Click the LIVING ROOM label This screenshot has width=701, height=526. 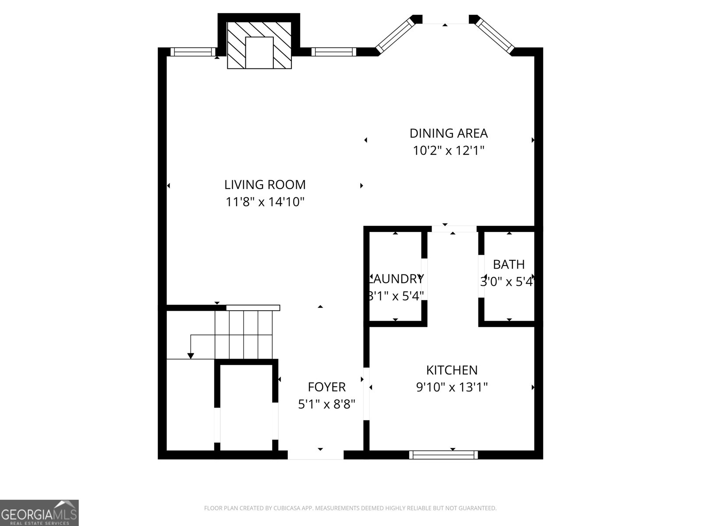(265, 185)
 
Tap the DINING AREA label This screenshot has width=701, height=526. (448, 133)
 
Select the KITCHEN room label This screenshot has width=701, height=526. (452, 370)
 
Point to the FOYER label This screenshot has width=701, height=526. (326, 387)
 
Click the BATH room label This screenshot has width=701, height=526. (509, 264)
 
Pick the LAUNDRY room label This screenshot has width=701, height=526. (396, 279)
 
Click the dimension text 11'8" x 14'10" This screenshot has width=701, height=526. (265, 202)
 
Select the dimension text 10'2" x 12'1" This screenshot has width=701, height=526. (448, 151)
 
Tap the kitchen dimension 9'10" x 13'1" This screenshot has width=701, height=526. (452, 387)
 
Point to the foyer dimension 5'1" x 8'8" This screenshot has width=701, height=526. (326, 404)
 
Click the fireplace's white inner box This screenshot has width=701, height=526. (259, 53)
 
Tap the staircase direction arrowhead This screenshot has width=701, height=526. (191, 355)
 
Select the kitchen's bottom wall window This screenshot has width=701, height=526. (443, 455)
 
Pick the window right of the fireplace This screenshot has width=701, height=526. (333, 52)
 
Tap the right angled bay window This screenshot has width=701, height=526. (495, 35)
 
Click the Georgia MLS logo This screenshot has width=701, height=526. (39, 512)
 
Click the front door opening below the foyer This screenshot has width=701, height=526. (315, 456)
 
